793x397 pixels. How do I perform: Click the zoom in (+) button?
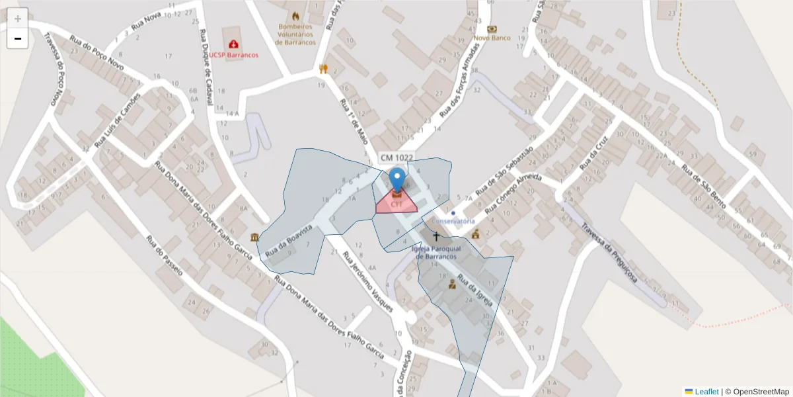pyautogui.click(x=18, y=18)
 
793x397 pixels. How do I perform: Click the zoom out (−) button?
pyautogui.click(x=18, y=38)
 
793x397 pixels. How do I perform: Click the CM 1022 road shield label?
pyautogui.click(x=397, y=157)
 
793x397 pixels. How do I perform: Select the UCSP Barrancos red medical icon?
pyautogui.click(x=233, y=44)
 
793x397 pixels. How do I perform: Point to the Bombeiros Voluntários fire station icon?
pyautogui.click(x=295, y=16)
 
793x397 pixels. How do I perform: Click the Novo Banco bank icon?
pyautogui.click(x=492, y=29)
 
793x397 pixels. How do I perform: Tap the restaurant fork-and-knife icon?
pyautogui.click(x=323, y=68)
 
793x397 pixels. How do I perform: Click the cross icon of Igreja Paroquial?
pyautogui.click(x=435, y=236)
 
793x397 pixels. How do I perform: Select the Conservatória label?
pyautogui.click(x=453, y=220)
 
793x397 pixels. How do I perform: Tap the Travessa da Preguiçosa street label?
pyautogui.click(x=609, y=252)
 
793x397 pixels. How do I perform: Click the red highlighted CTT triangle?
pyautogui.click(x=397, y=204)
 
